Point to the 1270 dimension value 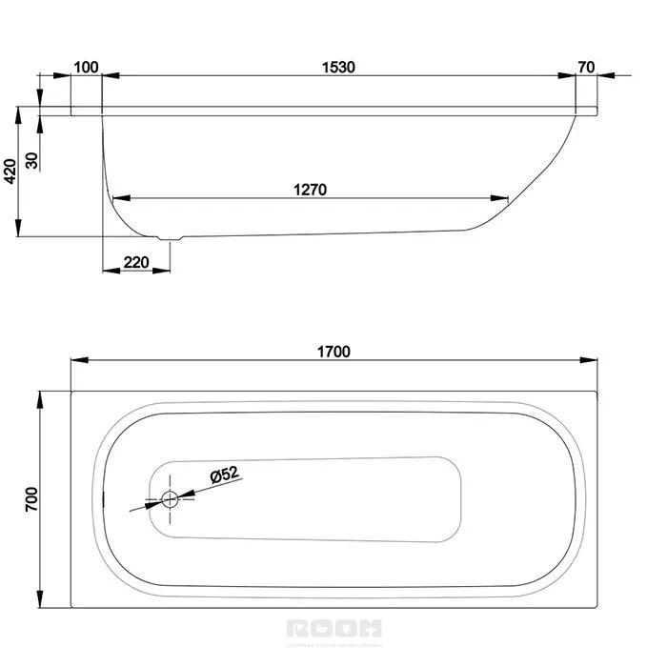click(311, 189)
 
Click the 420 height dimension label click(10, 171)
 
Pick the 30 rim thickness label click(32, 160)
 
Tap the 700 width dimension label click(30, 498)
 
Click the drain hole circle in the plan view click(171, 498)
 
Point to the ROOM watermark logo click(333, 628)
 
